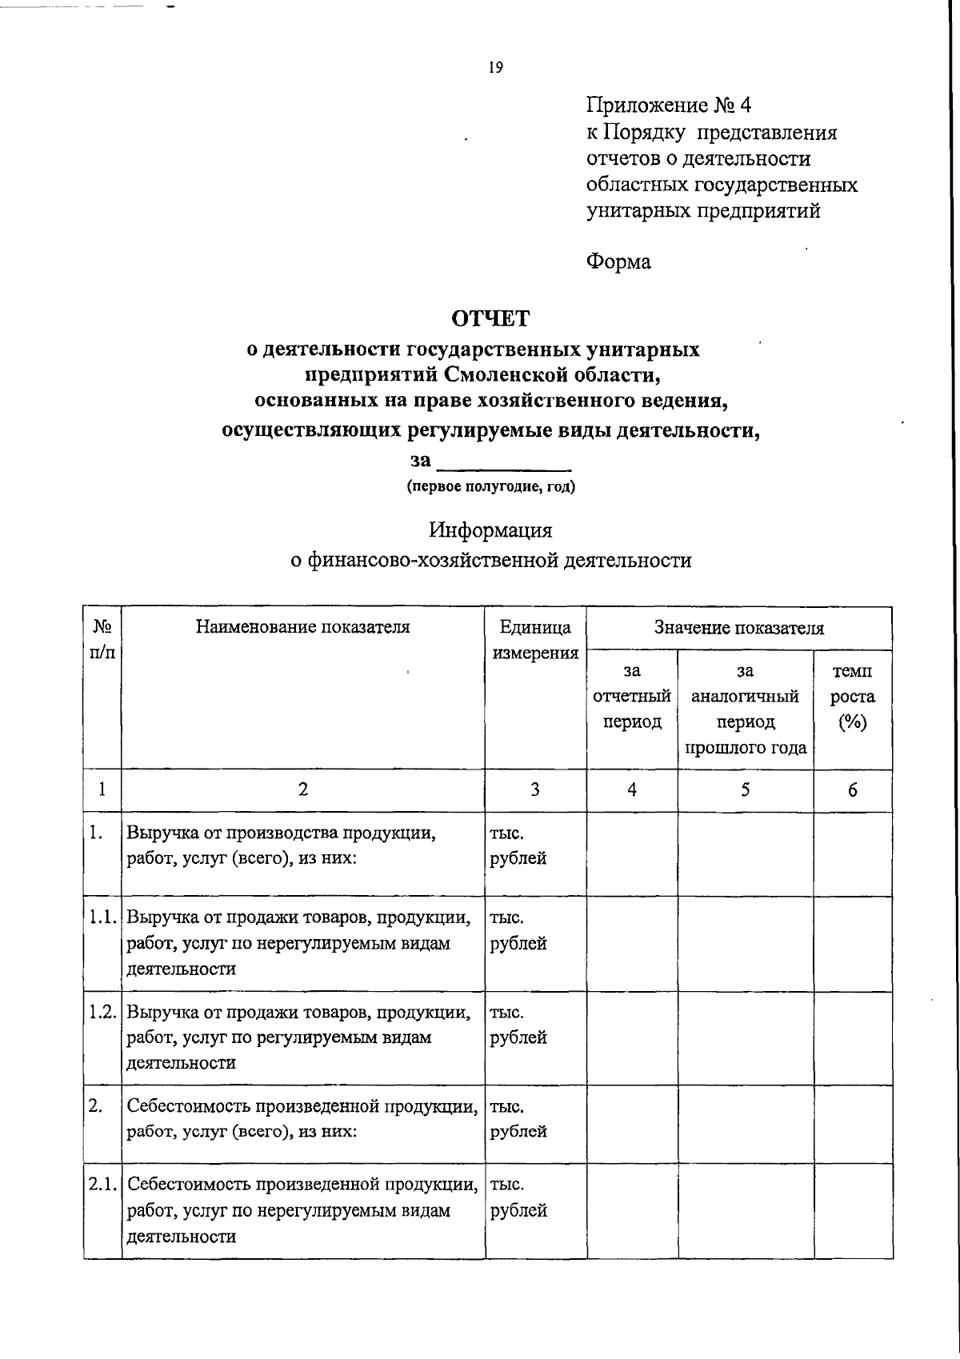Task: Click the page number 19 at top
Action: coord(495,68)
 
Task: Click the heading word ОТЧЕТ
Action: coord(490,318)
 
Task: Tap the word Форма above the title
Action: coord(618,262)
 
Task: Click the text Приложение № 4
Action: coord(669,106)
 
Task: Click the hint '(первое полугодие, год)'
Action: coord(490,486)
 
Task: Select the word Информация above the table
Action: coord(490,530)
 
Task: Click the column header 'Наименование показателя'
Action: coord(302,627)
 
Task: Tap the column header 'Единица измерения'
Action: coord(535,639)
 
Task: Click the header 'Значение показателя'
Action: coord(738,628)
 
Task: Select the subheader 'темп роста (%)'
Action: coord(852,697)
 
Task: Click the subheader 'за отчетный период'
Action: coord(632,697)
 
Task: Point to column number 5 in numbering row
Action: coord(745,790)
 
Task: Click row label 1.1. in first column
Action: coord(103,917)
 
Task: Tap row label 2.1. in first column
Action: coord(103,1185)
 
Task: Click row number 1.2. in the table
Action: coord(103,1012)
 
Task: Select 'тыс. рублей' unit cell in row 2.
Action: coord(518,1119)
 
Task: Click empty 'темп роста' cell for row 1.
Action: coord(852,853)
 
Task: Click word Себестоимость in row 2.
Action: coord(189,1107)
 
